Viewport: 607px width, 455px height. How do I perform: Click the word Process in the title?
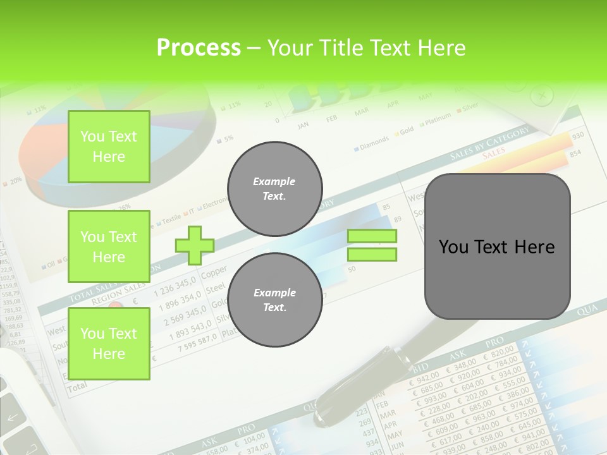click(199, 47)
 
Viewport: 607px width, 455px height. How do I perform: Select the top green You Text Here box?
click(109, 147)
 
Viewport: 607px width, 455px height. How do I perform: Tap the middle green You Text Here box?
click(109, 247)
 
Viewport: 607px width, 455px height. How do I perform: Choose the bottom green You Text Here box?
click(109, 344)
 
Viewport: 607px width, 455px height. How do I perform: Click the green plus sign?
click(195, 245)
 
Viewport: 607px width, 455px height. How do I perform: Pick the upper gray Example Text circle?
click(275, 189)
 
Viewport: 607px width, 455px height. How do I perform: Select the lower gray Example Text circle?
click(275, 300)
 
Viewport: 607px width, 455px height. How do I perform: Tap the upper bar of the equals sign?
click(372, 236)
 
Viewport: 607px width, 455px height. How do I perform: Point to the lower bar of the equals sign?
click(372, 255)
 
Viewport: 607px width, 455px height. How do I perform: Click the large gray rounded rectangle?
click(498, 246)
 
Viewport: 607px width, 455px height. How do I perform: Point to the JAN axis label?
click(303, 125)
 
